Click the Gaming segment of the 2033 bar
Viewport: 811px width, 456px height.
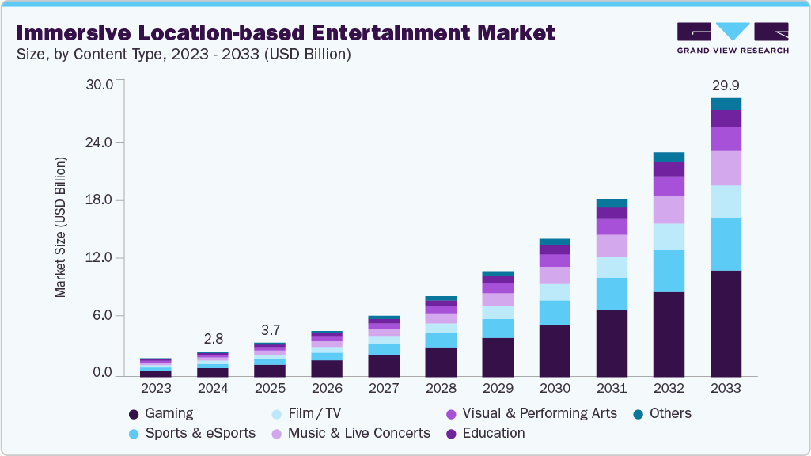pos(726,323)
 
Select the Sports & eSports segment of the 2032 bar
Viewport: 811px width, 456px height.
pos(669,271)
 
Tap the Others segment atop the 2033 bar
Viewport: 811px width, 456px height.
pos(726,104)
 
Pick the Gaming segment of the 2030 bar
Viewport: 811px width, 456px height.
pos(555,351)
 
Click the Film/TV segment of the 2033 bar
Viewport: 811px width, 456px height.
pos(726,201)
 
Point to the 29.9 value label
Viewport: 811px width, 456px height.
pos(726,85)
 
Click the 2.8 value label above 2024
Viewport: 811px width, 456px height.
pos(213,339)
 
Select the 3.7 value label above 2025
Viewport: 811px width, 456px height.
pos(270,330)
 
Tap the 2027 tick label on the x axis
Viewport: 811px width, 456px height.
pos(384,389)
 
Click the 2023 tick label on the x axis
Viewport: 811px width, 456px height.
pos(156,389)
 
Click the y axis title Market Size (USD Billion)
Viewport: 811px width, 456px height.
pos(61,227)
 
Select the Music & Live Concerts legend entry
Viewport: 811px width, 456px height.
pos(358,433)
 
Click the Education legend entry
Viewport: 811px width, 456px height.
pos(493,433)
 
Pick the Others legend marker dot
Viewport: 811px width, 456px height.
pos(638,414)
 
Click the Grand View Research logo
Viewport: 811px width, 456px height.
pos(733,38)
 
